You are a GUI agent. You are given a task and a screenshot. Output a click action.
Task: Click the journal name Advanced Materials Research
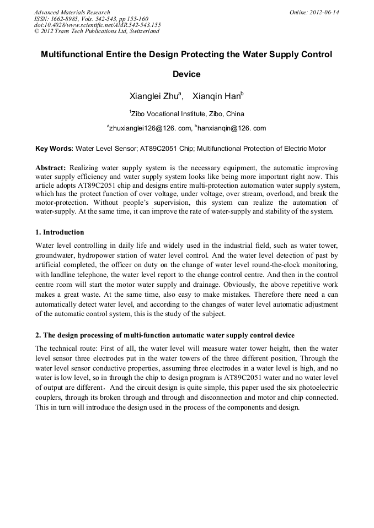pos(72,12)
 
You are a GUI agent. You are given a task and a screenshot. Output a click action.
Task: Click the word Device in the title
pos(186,74)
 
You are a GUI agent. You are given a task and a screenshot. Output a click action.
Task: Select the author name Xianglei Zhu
pos(155,96)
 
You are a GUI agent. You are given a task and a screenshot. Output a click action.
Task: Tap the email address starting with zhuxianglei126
pos(146,128)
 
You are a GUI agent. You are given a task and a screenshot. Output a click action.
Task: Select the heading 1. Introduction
pos(60,232)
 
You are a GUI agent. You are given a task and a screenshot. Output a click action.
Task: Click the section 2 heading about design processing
pos(165,335)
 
